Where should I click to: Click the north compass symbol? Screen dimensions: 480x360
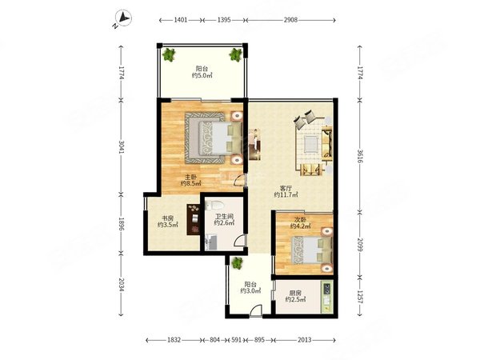point(123,18)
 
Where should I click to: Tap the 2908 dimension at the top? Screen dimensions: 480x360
point(290,20)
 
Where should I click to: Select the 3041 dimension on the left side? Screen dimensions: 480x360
point(122,147)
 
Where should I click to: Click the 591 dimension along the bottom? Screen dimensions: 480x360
point(237,340)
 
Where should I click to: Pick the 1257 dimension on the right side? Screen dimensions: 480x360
point(360,297)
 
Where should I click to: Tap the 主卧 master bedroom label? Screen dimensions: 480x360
point(190,177)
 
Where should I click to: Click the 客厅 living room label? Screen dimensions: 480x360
point(286,188)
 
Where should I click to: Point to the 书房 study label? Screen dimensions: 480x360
point(167,218)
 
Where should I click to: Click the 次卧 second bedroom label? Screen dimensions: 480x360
point(300,219)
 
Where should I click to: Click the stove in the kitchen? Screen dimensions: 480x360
point(327,288)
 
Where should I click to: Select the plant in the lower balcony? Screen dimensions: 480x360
point(237,263)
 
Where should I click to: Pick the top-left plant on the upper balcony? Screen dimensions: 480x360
point(168,55)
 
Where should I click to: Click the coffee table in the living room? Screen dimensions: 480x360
point(312,144)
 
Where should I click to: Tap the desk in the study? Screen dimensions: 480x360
point(193,219)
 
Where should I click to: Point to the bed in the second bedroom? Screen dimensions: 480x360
point(312,250)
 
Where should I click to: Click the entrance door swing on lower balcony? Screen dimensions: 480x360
point(256,310)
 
